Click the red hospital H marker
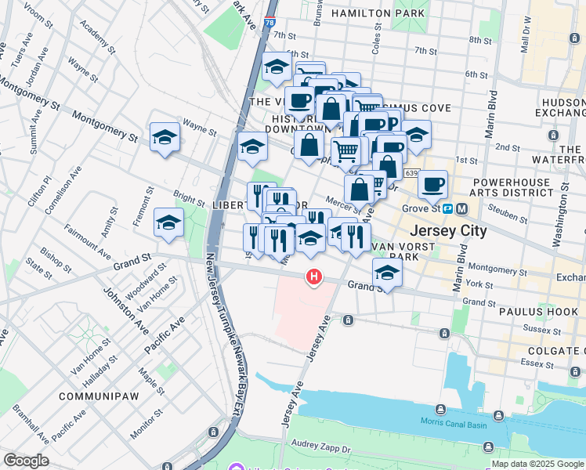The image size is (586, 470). [314, 277]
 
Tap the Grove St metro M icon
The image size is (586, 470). [461, 209]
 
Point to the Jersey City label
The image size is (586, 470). [449, 231]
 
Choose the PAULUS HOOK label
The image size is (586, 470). [538, 311]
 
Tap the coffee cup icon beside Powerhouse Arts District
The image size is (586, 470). [432, 184]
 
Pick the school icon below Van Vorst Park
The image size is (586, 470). [387, 273]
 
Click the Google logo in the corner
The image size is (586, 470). [26, 461]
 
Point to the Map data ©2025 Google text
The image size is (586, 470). [537, 464]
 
